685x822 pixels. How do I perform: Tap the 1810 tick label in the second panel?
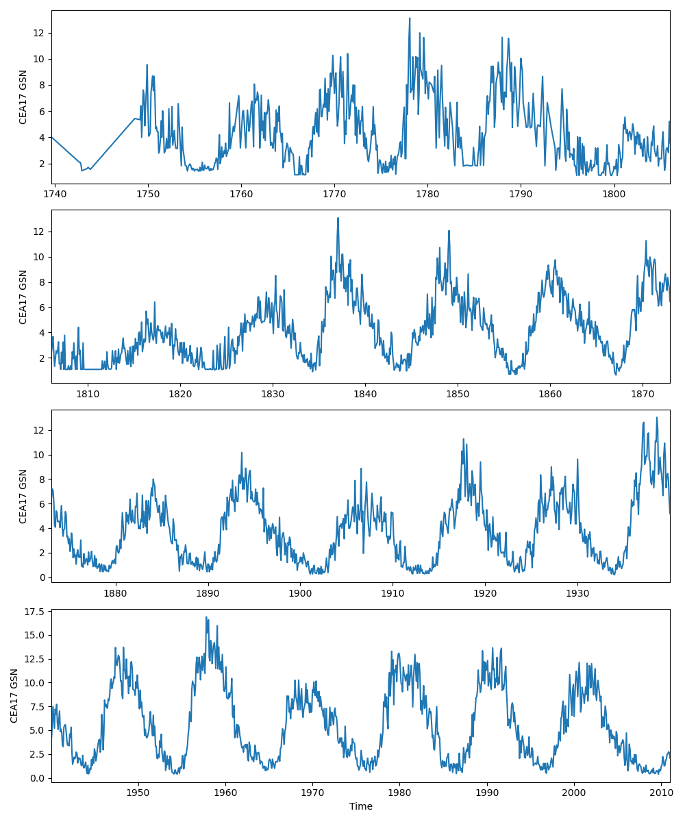click(x=88, y=393)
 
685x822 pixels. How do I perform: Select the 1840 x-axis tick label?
click(x=365, y=393)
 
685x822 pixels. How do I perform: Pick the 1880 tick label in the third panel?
click(x=115, y=593)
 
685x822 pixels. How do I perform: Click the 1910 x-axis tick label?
click(x=393, y=593)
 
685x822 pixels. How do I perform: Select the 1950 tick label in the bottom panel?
click(x=138, y=792)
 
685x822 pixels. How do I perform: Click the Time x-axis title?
click(x=361, y=806)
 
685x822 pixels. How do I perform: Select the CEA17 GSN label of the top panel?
click(x=23, y=97)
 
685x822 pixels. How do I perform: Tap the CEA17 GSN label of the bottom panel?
click(x=14, y=695)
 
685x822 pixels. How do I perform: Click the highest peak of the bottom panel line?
click(x=206, y=617)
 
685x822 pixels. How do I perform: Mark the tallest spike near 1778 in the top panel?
click(x=410, y=18)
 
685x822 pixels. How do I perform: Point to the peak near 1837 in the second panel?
click(x=338, y=218)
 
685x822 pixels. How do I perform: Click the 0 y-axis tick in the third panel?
click(x=42, y=577)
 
